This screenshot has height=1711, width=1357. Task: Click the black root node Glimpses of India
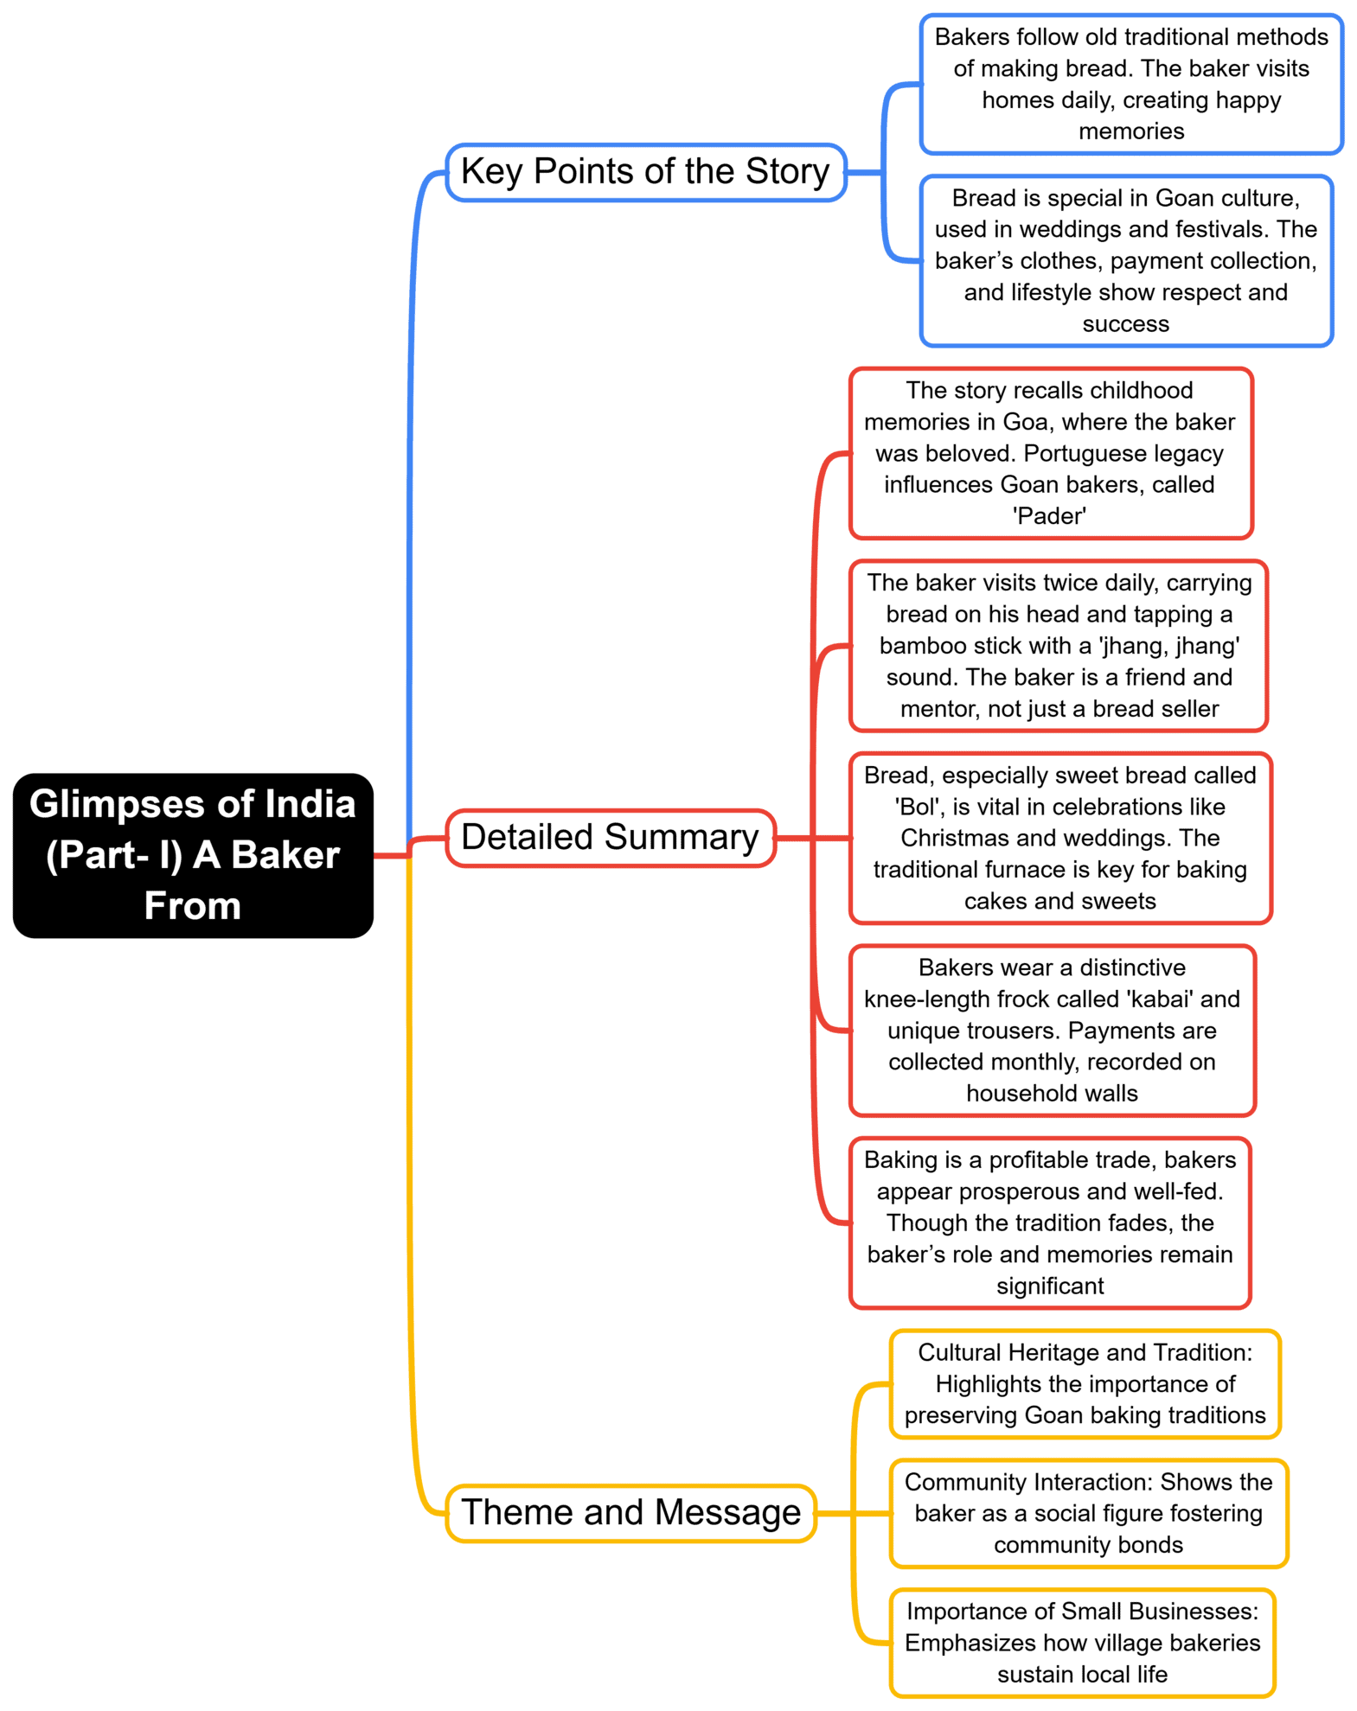[192, 854]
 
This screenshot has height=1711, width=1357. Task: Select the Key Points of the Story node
[644, 172]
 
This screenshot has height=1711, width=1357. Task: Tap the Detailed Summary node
[610, 837]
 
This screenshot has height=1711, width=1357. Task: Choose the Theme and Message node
[630, 1512]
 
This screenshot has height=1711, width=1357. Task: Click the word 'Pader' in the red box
[1049, 516]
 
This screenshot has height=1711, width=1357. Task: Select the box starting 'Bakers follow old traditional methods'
[1130, 84]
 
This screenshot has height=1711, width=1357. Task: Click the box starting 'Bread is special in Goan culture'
[1125, 260]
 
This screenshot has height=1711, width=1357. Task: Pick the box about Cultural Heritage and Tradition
[1085, 1383]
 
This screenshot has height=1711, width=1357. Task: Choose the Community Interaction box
[1088, 1513]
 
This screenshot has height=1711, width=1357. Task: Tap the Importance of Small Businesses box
[1082, 1643]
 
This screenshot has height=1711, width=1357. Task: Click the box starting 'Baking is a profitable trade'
[1049, 1223]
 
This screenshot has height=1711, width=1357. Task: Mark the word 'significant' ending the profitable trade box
[1049, 1286]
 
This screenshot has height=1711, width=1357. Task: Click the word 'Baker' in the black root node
[285, 855]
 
